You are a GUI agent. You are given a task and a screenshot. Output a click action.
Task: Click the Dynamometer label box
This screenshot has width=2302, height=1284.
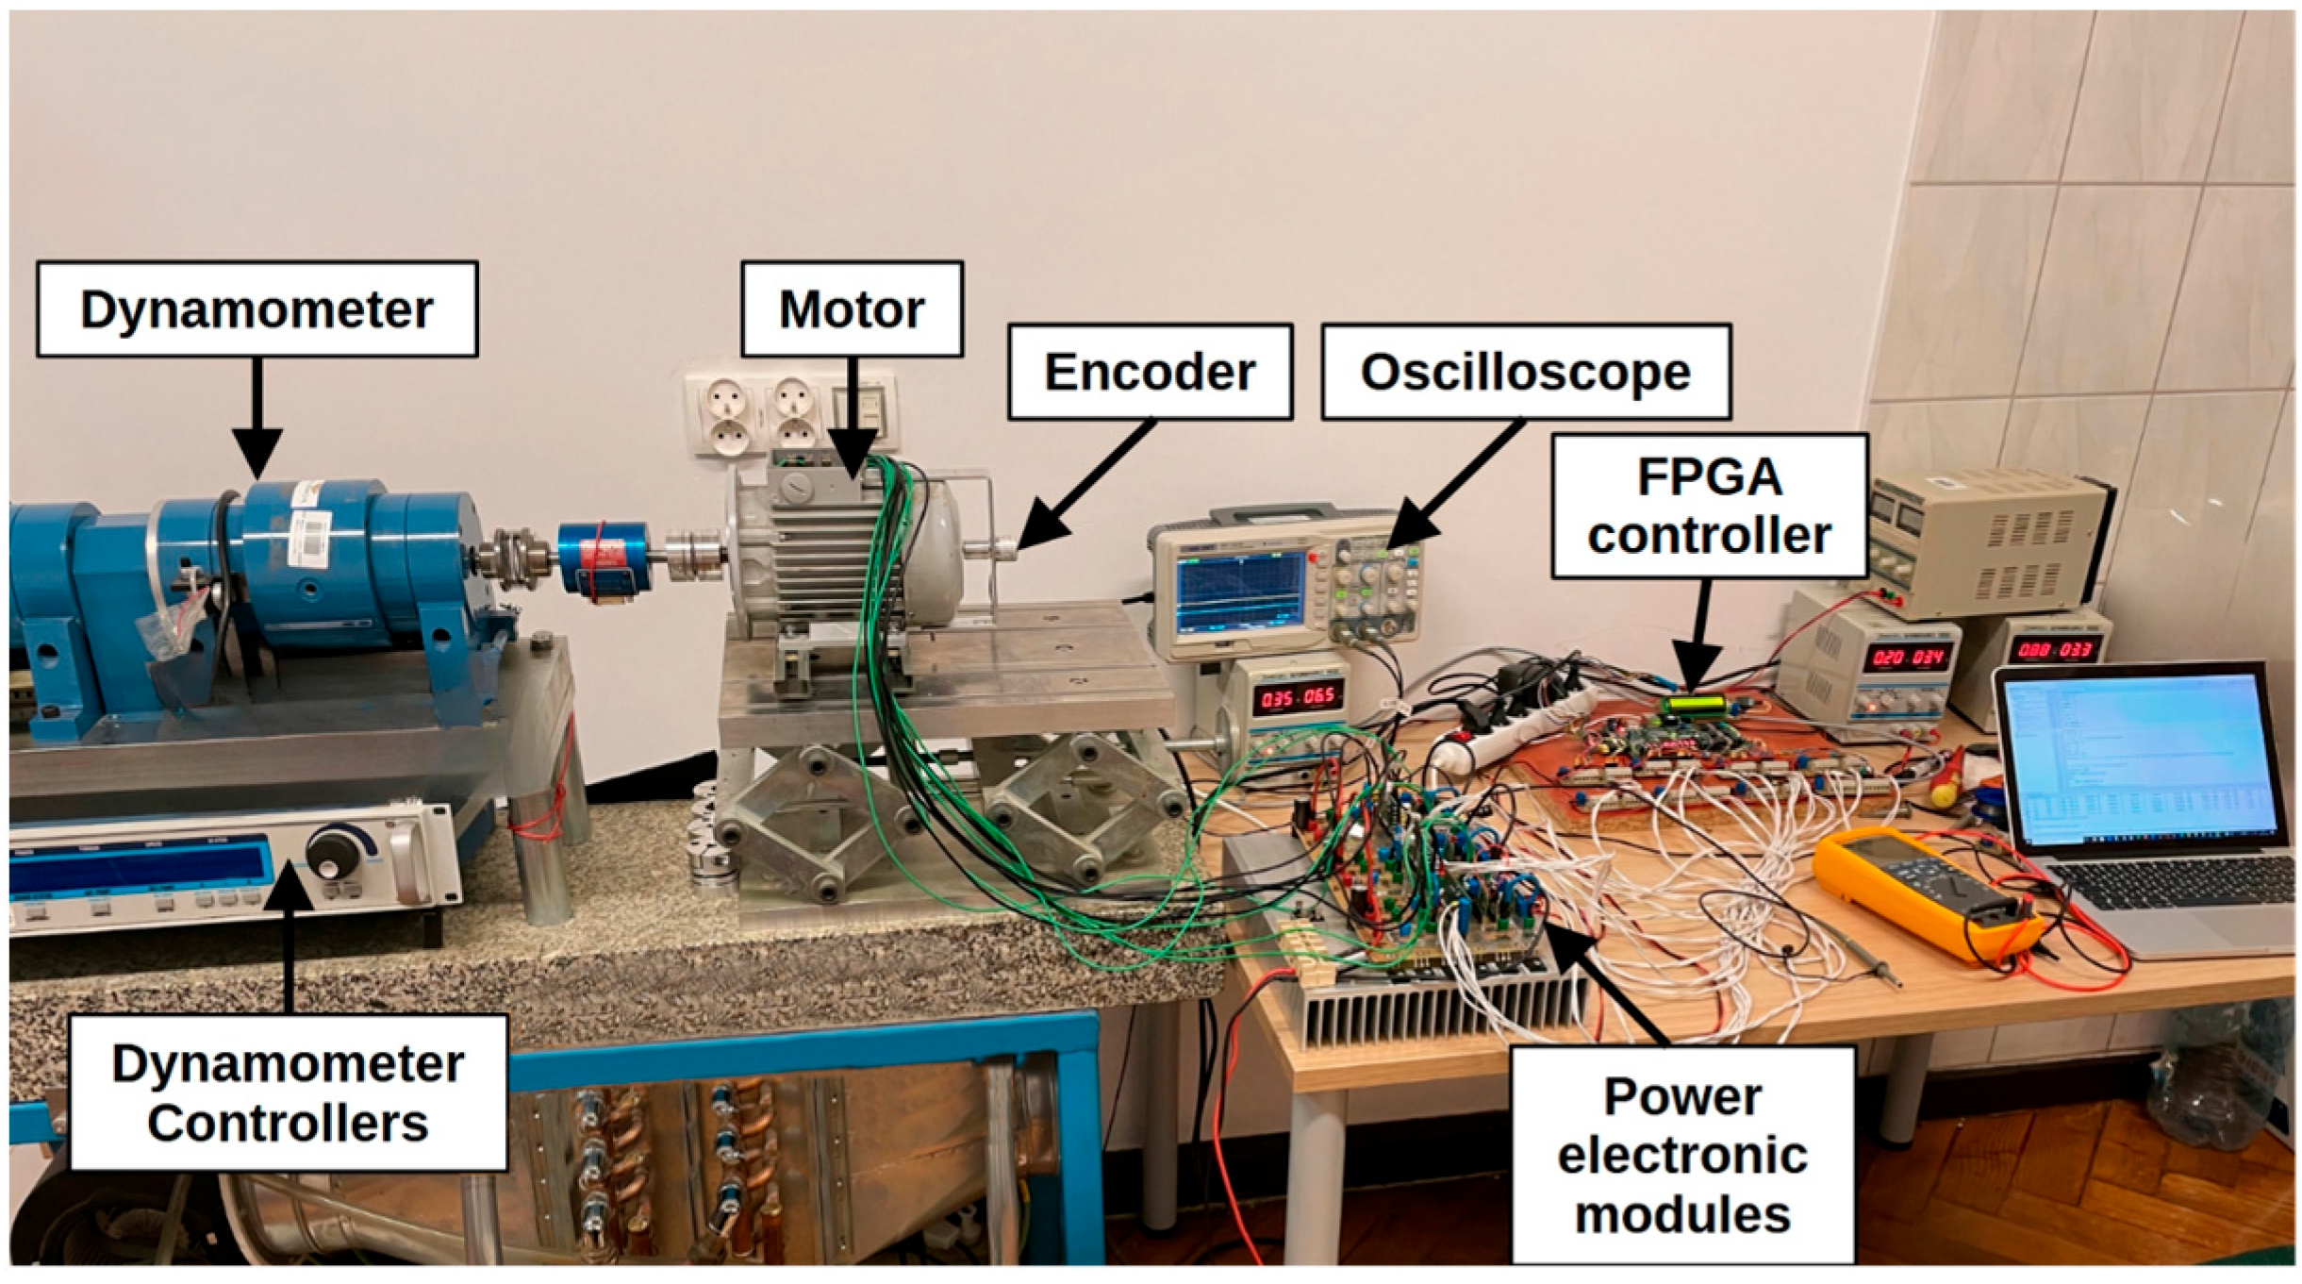(257, 309)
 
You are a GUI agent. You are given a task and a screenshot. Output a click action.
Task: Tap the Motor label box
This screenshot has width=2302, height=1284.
(852, 309)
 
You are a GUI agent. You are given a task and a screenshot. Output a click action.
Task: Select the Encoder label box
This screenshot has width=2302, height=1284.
(1150, 372)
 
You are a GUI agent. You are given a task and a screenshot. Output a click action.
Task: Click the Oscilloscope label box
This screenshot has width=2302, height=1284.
(1525, 372)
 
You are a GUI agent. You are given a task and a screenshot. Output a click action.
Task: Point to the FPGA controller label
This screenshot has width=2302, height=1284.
(1709, 506)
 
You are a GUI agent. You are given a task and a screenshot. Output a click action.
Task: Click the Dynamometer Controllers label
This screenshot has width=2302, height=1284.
(288, 1092)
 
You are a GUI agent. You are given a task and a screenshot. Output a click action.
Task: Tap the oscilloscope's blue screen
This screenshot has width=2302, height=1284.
(1239, 592)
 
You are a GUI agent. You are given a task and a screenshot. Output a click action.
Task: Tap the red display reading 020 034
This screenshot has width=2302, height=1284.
(1908, 658)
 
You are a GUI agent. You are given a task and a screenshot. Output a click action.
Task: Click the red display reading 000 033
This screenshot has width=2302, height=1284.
(2055, 650)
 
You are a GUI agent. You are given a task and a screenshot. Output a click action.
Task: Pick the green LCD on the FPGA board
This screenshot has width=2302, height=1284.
(1695, 705)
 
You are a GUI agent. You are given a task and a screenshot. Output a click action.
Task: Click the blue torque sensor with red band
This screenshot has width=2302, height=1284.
(604, 559)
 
